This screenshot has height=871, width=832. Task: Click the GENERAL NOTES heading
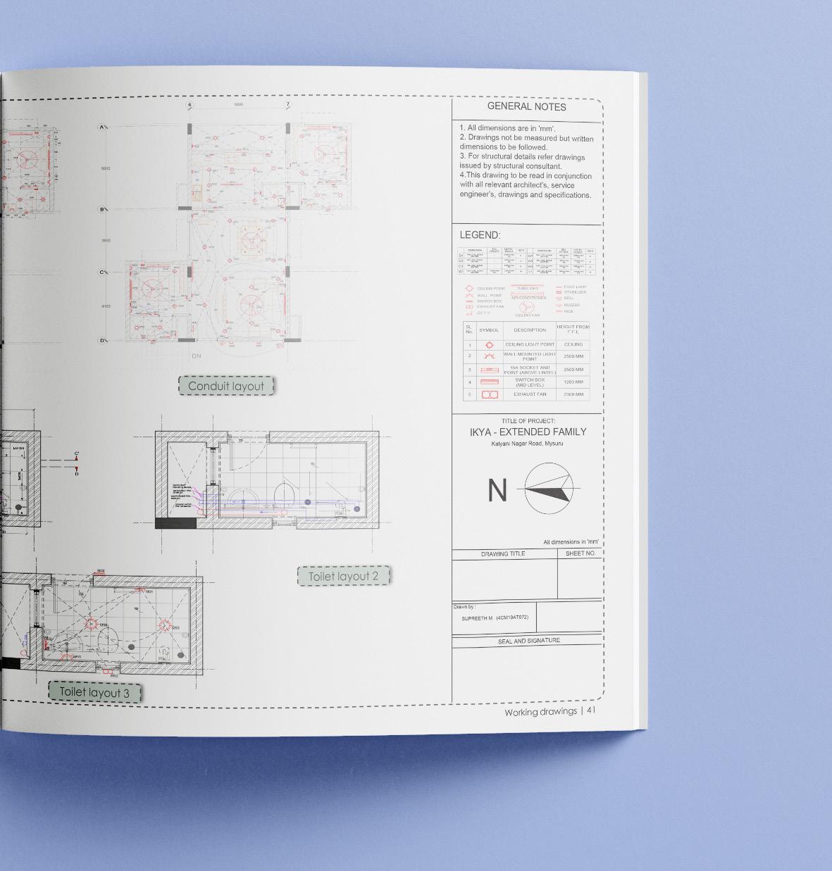coord(526,107)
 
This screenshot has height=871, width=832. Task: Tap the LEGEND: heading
coord(480,235)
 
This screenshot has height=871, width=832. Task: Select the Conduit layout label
coord(225,386)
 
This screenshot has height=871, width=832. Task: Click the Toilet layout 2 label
coord(343,576)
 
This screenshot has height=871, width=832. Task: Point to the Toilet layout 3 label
coord(94,692)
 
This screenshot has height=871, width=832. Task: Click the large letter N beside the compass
coord(497,490)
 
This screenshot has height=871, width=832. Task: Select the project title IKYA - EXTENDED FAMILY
coord(528,432)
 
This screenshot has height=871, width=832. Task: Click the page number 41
coord(591,711)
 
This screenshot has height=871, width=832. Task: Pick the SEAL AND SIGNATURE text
coord(528,641)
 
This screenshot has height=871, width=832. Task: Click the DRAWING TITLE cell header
coord(503,554)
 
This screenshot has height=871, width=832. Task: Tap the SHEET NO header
coord(580,553)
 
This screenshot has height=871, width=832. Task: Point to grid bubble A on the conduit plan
coord(102,127)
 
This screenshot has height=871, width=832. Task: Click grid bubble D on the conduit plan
coord(102,341)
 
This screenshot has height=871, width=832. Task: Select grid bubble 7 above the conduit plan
coord(287,105)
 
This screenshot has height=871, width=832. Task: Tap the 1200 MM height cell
coord(573,382)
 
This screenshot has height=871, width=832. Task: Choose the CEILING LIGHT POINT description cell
coord(529,344)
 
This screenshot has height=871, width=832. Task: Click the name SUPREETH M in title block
coord(477,618)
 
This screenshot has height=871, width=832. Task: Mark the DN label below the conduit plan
coord(197,356)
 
